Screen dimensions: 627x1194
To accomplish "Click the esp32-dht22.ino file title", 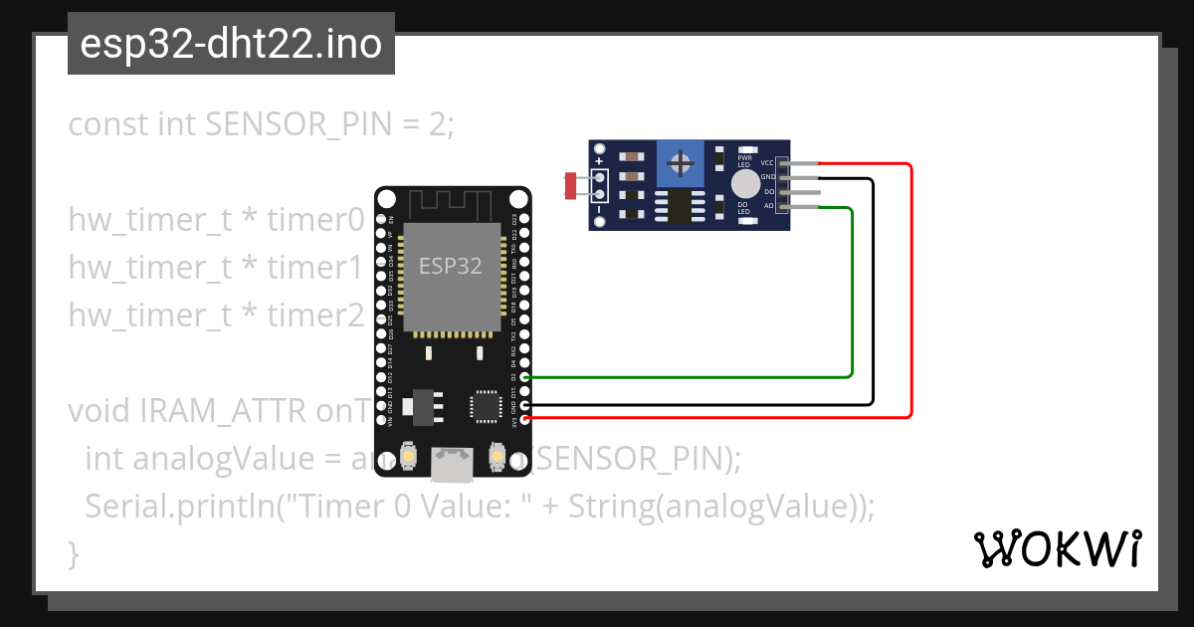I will coord(231,44).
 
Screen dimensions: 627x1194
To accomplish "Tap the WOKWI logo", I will coord(1057,548).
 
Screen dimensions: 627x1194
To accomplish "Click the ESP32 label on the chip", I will coord(451,266).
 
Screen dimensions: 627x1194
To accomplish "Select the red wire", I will coord(910,299).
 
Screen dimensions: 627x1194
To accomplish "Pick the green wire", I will coord(852,299).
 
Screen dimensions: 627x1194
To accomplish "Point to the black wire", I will coord(873,299).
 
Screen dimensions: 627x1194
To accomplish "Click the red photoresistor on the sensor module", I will coord(571,185).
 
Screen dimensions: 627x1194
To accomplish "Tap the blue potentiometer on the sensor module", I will coord(681,162).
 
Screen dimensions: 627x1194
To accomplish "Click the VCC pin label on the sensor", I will coord(767,162).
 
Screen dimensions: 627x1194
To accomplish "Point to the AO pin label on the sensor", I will coord(768,206).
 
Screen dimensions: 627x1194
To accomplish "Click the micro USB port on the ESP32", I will coord(453,463).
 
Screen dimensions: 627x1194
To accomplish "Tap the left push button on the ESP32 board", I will coord(408,456).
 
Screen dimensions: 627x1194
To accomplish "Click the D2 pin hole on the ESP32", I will coord(524,377).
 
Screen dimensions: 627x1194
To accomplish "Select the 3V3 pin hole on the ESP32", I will coord(524,419).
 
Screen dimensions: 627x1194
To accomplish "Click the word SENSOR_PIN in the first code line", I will coord(283,125).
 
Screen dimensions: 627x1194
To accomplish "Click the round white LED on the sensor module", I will coord(744,183).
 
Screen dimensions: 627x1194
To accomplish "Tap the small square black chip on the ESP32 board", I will coord(485,406).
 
